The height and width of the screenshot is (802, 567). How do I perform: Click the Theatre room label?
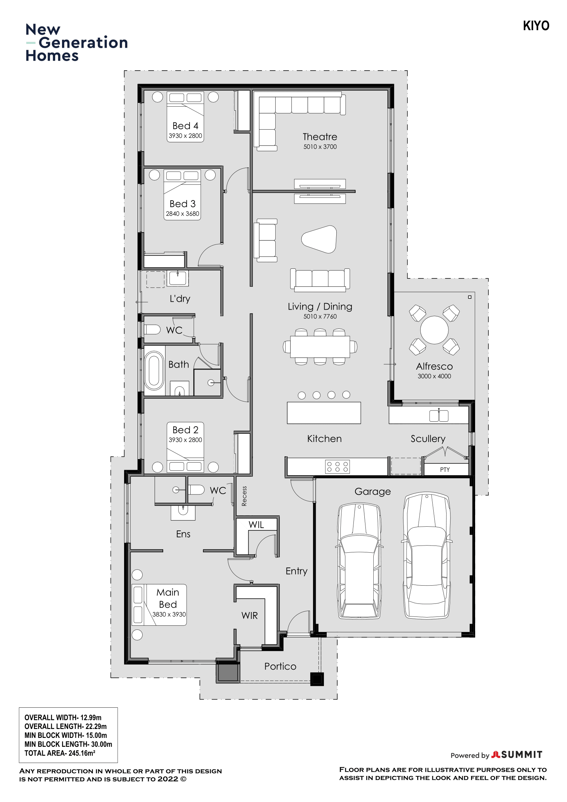320,136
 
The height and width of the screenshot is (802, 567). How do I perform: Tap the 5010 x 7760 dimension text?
320,316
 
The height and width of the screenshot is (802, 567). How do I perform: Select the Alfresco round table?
434,330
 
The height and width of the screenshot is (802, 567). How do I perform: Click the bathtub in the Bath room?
154,371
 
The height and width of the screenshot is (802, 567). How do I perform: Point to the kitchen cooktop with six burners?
337,467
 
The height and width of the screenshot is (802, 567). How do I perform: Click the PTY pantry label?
445,470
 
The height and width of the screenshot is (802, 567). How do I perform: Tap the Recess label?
244,496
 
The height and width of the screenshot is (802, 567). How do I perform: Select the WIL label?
256,525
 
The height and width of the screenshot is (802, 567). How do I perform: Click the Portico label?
280,667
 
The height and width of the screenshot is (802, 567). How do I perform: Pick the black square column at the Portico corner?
317,679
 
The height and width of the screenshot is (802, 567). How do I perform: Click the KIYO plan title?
536,26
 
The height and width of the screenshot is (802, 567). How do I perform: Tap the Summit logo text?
522,755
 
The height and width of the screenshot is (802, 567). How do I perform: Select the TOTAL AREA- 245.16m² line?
60,753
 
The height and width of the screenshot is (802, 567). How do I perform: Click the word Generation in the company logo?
83,43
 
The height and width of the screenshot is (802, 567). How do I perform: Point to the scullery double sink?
439,416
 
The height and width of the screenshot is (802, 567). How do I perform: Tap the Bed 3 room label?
182,204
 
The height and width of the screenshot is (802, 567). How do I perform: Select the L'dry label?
180,299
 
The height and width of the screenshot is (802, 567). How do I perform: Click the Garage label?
372,491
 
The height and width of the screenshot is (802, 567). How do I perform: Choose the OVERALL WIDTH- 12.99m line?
63,717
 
